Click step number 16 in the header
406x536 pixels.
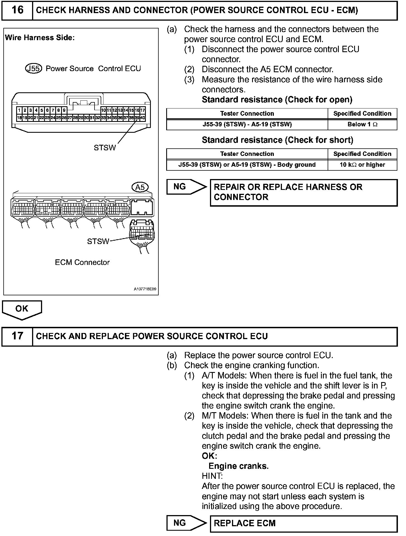click(x=17, y=10)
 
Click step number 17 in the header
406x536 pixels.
click(x=17, y=336)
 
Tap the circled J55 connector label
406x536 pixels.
click(x=33, y=69)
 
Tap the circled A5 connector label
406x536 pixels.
click(x=140, y=187)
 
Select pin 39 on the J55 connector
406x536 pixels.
click(x=137, y=118)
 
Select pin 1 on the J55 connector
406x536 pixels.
click(x=19, y=110)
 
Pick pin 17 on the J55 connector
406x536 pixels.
click(x=142, y=110)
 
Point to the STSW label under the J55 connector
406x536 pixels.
click(x=105, y=148)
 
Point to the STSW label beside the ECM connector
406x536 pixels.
click(x=98, y=242)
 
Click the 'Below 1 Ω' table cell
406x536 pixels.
click(x=362, y=125)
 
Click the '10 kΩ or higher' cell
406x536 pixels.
click(x=362, y=165)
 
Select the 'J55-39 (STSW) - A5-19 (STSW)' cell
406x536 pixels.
click(x=247, y=125)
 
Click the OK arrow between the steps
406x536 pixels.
click(x=22, y=309)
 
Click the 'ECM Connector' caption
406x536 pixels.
click(x=82, y=262)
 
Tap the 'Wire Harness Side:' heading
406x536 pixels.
click(x=40, y=38)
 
